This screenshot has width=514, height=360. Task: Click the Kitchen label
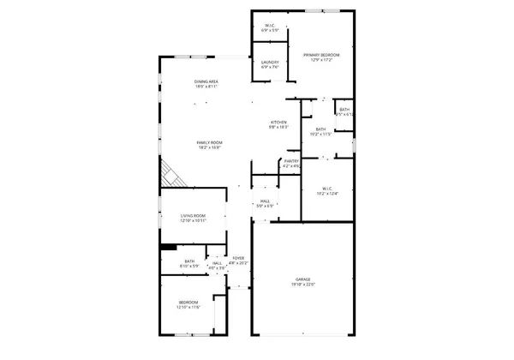278,123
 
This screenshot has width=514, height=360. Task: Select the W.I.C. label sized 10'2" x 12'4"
327,189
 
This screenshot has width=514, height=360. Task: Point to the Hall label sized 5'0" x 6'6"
265,202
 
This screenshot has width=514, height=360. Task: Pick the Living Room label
193,216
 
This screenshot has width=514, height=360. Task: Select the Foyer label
238,258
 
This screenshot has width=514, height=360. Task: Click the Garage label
303,279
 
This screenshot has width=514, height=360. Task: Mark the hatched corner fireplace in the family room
171,177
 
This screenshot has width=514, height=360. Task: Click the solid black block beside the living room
168,249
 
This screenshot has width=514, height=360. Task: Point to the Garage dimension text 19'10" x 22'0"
303,285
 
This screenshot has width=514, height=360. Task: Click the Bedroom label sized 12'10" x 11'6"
188,302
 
